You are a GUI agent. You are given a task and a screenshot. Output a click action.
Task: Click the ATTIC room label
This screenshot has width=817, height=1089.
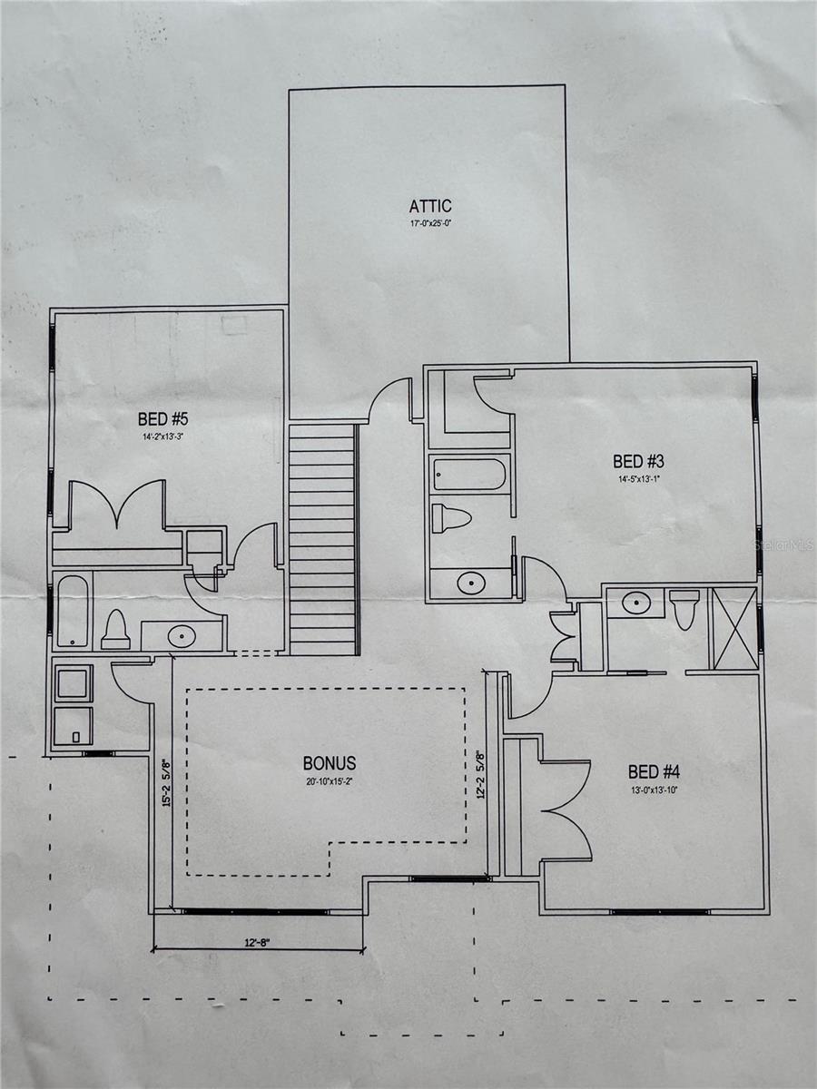point(429,206)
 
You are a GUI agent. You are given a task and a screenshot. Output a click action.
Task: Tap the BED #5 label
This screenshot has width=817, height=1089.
point(162,419)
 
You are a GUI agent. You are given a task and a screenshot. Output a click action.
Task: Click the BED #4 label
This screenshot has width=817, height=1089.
point(654,772)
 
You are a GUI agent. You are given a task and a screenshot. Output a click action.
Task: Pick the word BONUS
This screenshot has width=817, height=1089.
point(330,763)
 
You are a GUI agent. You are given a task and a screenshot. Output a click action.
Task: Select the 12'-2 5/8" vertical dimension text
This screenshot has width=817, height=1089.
point(481,773)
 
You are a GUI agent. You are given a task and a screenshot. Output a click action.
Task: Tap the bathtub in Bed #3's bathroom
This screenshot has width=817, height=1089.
point(469,474)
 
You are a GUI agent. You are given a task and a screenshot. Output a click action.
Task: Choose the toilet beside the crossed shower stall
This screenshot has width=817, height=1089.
point(684,607)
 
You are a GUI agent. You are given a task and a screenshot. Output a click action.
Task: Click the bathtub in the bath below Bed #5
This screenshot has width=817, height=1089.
point(73,612)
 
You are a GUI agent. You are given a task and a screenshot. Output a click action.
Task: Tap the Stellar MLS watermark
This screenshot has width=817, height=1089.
point(782,545)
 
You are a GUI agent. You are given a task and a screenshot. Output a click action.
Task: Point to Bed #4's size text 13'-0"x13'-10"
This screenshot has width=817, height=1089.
point(654,789)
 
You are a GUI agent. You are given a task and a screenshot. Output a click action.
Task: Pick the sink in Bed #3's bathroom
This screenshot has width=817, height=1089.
point(470,583)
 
